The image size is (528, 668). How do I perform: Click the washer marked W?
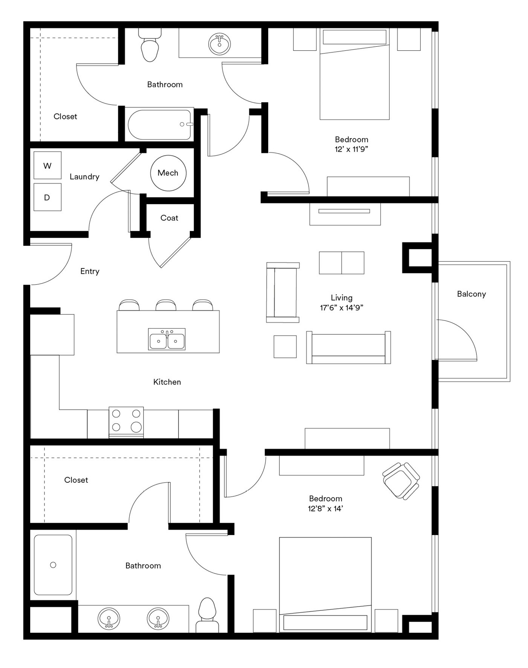pos(47,165)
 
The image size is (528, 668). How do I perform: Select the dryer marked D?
pos(47,197)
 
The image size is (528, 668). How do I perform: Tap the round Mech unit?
pos(168,173)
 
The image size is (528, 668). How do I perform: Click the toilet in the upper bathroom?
pos(150,45)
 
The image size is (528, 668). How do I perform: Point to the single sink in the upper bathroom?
pos(220,44)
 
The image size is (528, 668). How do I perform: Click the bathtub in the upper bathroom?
pos(159,125)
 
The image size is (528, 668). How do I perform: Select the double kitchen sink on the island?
pos(167,339)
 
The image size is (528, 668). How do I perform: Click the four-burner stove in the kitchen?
pos(126,422)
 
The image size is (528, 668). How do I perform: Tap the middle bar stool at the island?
pos(166,305)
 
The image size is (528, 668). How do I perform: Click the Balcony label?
pos(472,294)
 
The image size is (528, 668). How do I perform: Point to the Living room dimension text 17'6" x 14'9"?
pos(342,308)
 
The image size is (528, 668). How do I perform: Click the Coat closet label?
pos(169,218)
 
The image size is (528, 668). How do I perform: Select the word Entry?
pos(90,271)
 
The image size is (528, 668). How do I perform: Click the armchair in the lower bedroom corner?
pos(401,481)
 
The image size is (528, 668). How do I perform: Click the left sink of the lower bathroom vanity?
pos(109,618)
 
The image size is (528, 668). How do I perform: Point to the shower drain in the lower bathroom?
pos(53,565)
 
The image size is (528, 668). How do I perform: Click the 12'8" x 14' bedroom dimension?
pos(325,509)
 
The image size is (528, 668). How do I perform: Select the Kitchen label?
pos(167,382)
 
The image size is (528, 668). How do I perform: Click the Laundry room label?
pos(85,177)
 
